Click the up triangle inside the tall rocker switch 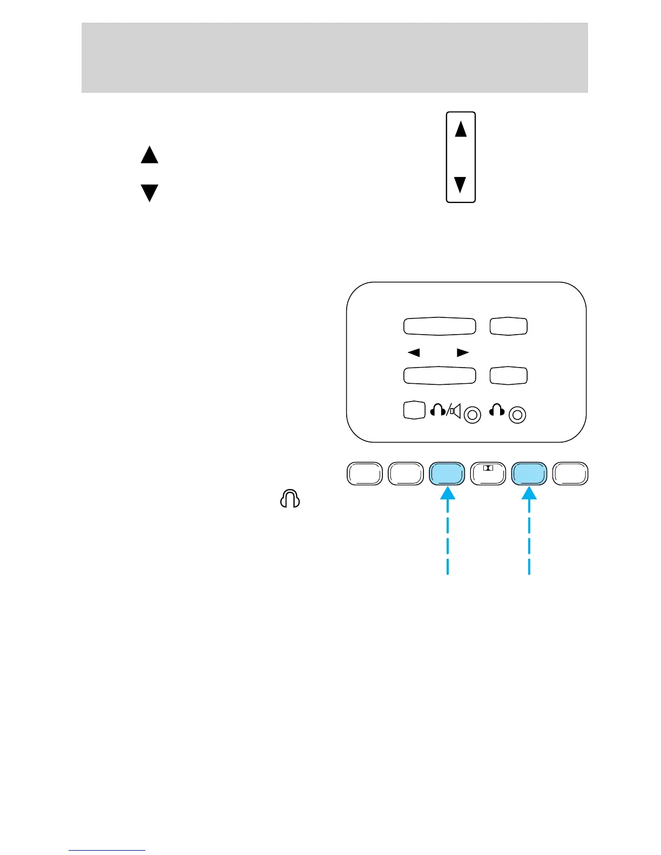pos(461,130)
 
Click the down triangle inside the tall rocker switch pos(461,185)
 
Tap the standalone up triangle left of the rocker pos(150,155)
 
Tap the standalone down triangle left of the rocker pos(150,193)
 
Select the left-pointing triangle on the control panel pos(414,352)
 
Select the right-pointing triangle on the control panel pos(463,352)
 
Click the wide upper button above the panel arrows pos(440,327)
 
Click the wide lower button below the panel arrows pos(440,376)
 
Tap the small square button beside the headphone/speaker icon pos(414,410)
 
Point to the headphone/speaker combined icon pos(446,411)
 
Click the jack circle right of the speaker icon pos(473,415)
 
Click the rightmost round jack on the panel pos(517,415)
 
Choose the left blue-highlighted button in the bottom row pos(447,474)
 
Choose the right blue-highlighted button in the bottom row pos(529,474)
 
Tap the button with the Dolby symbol pos(488,474)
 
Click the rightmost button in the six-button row pos(571,474)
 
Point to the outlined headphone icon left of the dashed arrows pos(290,499)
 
